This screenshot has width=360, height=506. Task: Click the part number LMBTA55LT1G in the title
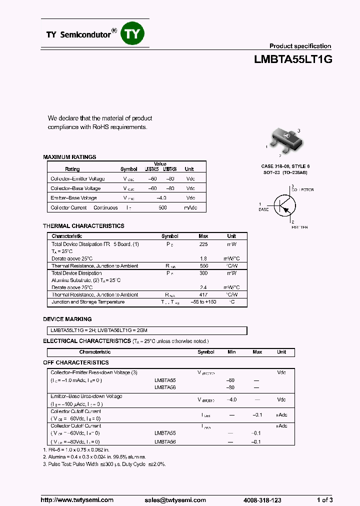293,59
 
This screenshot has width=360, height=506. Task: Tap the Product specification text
300,46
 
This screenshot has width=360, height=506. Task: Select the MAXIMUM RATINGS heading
69,157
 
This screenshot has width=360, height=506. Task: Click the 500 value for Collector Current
162,207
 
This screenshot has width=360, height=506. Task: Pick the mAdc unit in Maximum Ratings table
190,207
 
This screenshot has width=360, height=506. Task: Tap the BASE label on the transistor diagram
263,209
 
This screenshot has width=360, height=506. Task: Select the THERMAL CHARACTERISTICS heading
83,226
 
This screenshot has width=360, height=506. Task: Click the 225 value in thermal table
203,244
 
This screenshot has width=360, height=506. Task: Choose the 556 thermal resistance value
203,266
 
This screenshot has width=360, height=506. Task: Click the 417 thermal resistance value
203,295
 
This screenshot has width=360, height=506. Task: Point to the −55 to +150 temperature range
203,302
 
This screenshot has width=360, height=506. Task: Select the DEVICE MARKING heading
67,319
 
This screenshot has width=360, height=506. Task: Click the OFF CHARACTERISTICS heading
75,362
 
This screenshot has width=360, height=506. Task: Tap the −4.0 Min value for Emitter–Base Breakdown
231,399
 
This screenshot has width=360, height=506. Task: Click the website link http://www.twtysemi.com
77,500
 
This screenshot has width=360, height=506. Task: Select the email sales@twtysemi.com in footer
175,500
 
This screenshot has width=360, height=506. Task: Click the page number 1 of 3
324,500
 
